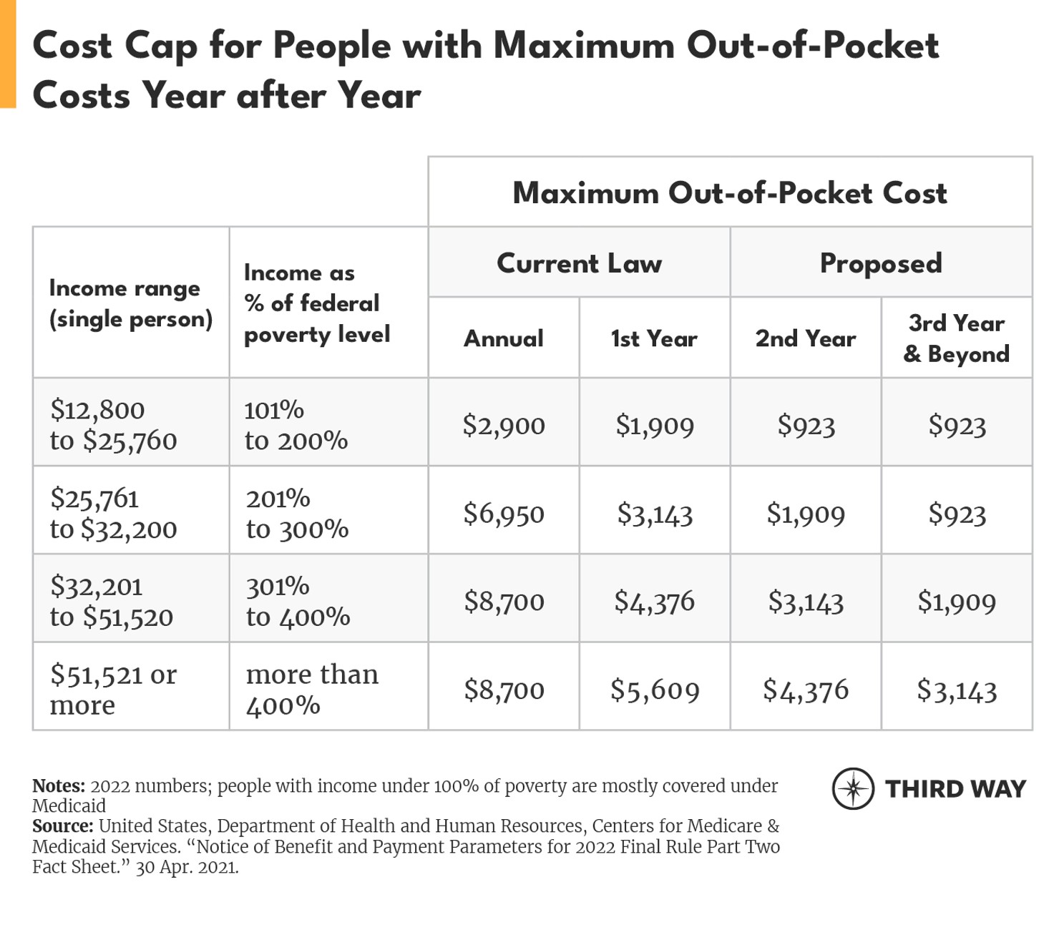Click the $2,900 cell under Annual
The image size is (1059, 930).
point(504,426)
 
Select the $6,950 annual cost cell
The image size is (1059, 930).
point(504,514)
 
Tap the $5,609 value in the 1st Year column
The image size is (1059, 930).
point(655,690)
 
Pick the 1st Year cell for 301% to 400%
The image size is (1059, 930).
point(655,602)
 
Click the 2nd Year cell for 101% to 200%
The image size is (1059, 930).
point(806,426)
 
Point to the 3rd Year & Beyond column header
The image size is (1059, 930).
point(956,338)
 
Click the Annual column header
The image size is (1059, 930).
point(504,338)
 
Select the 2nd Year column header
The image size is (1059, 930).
point(806,338)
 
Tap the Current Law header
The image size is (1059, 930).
point(579,263)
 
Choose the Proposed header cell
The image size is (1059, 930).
point(881,263)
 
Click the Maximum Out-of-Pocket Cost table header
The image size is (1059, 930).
point(730,193)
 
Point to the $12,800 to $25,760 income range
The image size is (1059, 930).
point(113,425)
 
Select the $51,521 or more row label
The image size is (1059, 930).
point(113,690)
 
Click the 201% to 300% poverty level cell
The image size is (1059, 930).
point(297,514)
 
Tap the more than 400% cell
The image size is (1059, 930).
point(312,690)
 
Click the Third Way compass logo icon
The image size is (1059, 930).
point(853,789)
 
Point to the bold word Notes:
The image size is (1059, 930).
point(59,786)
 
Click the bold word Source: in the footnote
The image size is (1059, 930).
point(63,826)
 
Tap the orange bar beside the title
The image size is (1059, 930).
point(8,54)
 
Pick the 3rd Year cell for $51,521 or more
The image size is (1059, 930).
point(956,690)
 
